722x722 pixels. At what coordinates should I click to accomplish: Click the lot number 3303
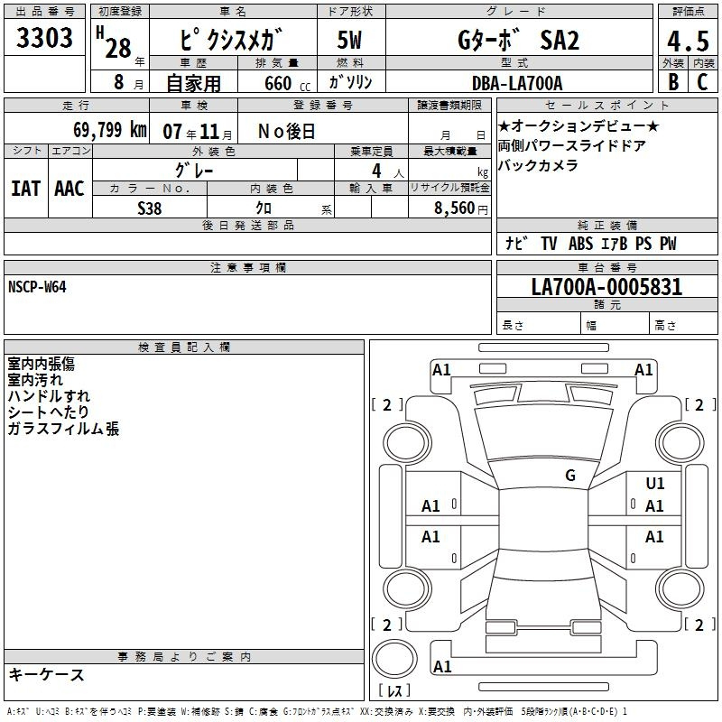tap(44, 37)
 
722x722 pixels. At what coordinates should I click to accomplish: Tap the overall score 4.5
tap(688, 41)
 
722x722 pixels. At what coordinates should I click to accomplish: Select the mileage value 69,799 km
tap(110, 130)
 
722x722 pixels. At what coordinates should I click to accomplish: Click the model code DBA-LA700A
tap(517, 83)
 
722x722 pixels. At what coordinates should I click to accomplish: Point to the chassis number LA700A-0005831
tap(606, 286)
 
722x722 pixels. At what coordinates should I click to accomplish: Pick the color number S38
tap(150, 208)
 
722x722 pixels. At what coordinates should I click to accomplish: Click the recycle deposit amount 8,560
tap(455, 208)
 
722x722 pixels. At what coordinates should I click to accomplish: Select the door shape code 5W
tap(349, 40)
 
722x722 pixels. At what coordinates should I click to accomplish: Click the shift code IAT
tap(25, 189)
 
